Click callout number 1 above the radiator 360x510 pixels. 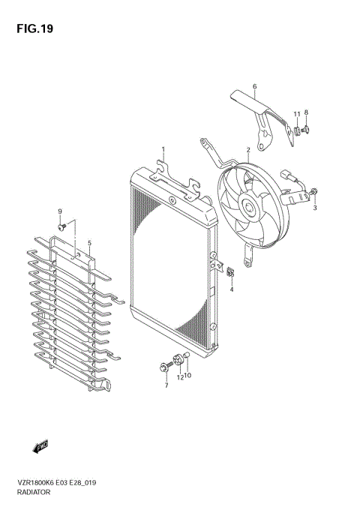click(163, 150)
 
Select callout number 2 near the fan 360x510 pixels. click(247, 151)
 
